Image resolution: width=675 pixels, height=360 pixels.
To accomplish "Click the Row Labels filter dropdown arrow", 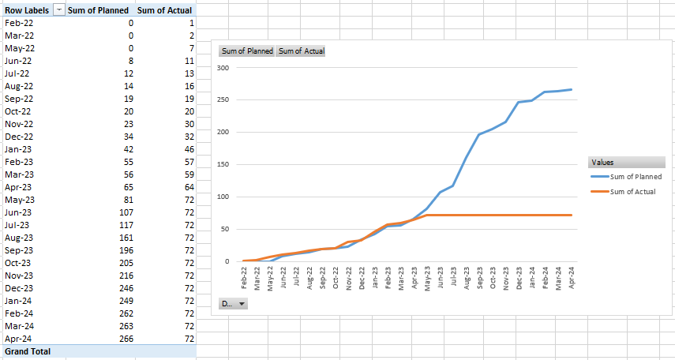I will (59, 10).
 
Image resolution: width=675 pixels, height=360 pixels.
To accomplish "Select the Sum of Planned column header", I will (99, 10).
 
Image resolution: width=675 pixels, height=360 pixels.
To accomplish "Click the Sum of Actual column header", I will (164, 10).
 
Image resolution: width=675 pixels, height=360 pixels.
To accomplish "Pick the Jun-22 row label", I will (18, 61).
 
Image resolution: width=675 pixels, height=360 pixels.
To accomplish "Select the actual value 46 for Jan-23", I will (189, 149).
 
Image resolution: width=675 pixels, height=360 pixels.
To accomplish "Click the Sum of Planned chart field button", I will (247, 51).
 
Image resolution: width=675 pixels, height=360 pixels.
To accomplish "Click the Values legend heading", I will (606, 163).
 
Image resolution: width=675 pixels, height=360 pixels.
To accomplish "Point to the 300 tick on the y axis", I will (223, 68).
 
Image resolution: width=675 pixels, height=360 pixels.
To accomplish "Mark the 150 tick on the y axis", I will (223, 164).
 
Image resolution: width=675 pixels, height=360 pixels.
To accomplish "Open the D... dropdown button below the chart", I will (232, 303).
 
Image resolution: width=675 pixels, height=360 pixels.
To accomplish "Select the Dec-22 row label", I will (19, 137).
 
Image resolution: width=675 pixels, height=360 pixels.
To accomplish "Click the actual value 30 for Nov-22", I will (189, 124).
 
